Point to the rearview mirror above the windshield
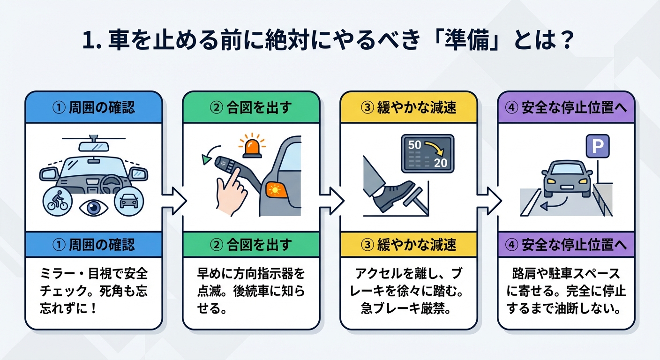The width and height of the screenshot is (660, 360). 94,146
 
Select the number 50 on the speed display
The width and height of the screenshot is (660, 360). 415,145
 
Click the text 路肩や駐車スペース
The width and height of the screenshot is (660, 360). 566,273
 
